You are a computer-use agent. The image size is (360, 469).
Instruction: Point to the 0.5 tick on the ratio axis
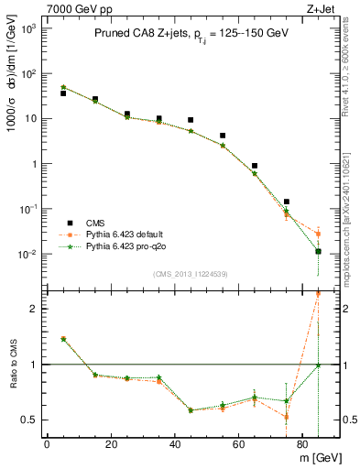click(30, 420)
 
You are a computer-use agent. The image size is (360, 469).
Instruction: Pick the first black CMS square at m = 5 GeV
click(63, 93)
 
